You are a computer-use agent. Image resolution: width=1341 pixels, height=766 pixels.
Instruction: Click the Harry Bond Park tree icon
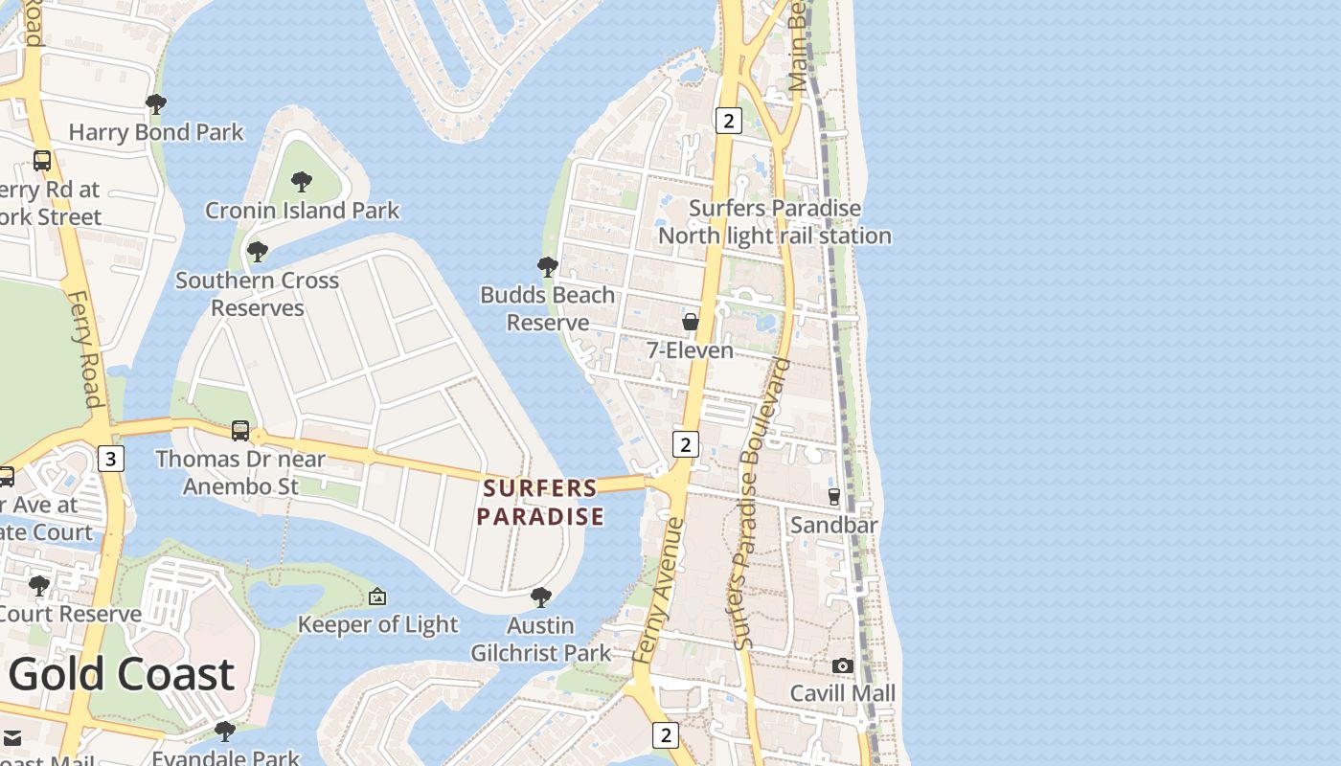pos(156,103)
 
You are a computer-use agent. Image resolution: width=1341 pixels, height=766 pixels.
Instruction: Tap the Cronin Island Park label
pos(302,210)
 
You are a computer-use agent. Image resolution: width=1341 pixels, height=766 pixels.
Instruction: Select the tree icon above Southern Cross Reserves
pos(257,252)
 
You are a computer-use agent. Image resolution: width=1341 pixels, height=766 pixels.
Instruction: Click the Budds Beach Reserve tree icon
pos(548,266)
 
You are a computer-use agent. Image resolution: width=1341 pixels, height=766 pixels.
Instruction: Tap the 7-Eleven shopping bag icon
pos(690,322)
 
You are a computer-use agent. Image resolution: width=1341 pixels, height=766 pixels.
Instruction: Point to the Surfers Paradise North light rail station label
pos(774,222)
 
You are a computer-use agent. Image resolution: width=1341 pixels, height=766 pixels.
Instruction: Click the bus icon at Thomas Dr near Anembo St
pos(240,431)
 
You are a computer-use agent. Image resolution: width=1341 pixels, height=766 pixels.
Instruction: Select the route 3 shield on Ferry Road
pos(110,459)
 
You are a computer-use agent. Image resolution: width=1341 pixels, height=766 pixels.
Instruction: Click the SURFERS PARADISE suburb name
pos(540,503)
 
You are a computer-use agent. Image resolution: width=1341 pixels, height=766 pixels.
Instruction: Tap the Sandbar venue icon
pos(834,497)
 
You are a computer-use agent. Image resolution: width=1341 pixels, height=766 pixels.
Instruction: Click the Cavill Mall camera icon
pos(843,665)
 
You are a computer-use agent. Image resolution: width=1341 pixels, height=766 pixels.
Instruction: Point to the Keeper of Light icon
pos(377,597)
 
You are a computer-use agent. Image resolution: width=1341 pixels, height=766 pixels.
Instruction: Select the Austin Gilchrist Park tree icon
pos(540,597)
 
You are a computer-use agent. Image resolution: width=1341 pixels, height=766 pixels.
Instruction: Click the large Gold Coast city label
pos(122,674)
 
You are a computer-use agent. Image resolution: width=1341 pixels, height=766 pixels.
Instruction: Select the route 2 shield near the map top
pos(729,121)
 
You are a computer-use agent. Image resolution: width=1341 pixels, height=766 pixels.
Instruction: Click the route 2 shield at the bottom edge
pos(666,734)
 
